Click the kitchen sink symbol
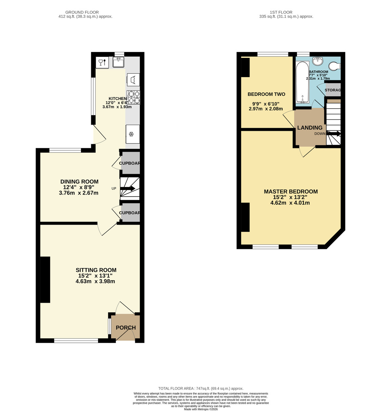pyautogui.click(x=118, y=62)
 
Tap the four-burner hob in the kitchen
pyautogui.click(x=133, y=97)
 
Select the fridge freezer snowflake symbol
pyautogui.click(x=131, y=134)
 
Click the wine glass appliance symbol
pyautogui.click(x=102, y=62)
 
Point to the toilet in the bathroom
pyautogui.click(x=334, y=66)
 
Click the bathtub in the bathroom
pyautogui.click(x=302, y=82)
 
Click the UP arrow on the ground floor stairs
pyautogui.click(x=127, y=188)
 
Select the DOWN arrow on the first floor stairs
pyautogui.click(x=333, y=134)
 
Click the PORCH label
pyautogui.click(x=126, y=327)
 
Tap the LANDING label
pyautogui.click(x=310, y=127)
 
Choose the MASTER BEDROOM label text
pyautogui.click(x=291, y=191)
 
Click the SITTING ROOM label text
pyautogui.click(x=96, y=270)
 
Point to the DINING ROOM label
pyautogui.click(x=79, y=182)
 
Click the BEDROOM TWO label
pyautogui.click(x=267, y=94)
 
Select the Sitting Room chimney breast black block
pyautogui.click(x=45, y=280)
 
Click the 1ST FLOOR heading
pyautogui.click(x=281, y=12)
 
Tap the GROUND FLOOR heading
pyautogui.click(x=82, y=12)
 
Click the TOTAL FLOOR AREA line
pyautogui.click(x=201, y=388)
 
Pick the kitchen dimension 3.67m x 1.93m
pyautogui.click(x=117, y=107)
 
